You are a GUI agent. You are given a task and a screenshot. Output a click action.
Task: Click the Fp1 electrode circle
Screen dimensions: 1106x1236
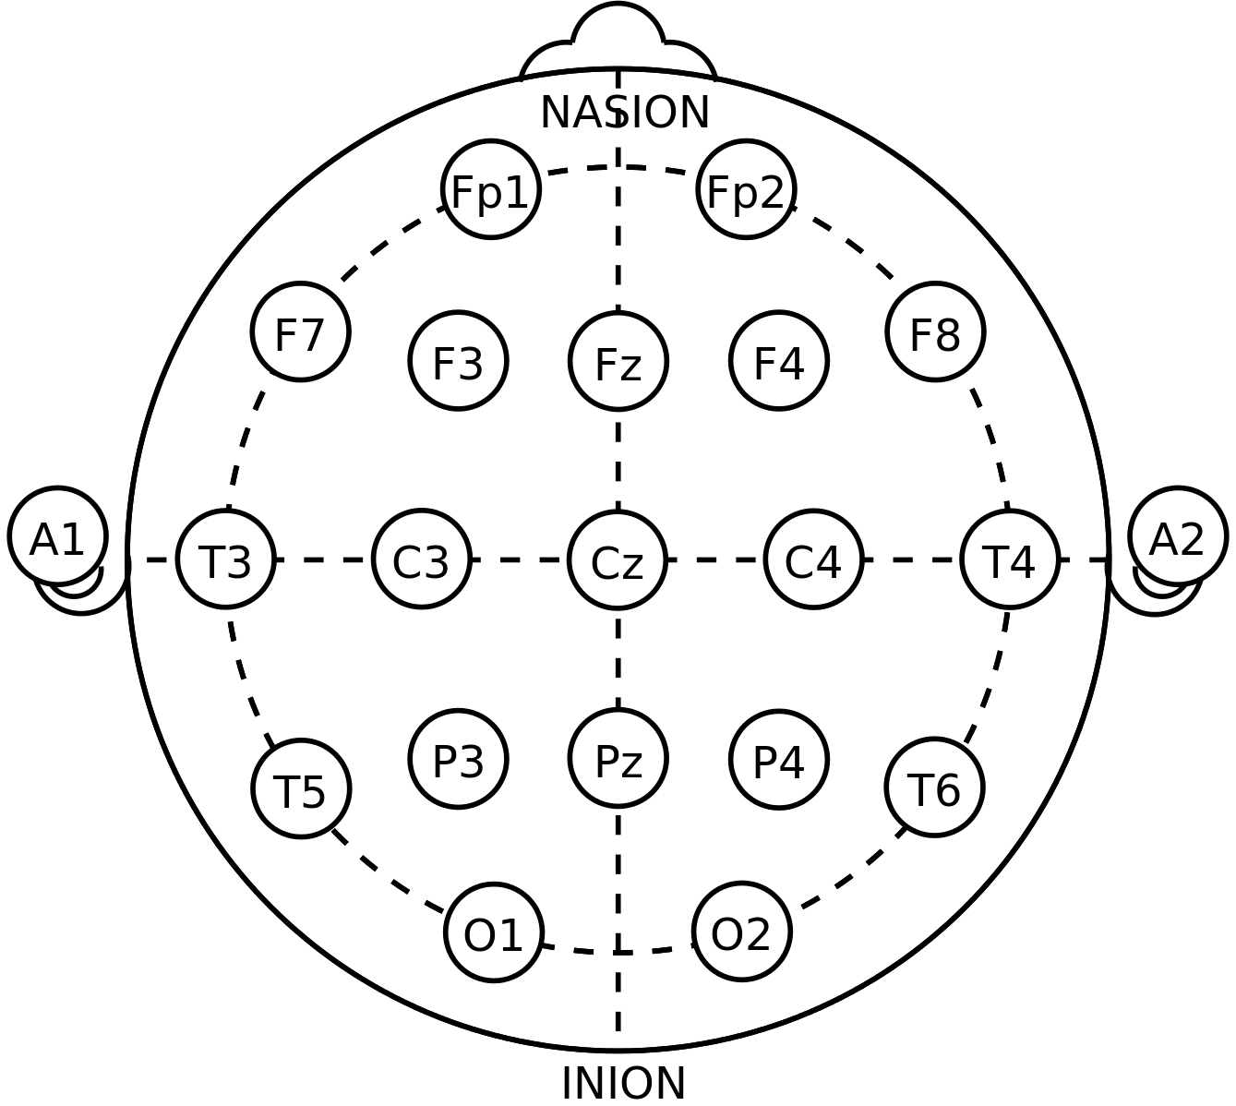tap(490, 189)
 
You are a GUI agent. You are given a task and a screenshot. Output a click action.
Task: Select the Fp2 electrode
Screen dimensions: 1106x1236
tap(746, 189)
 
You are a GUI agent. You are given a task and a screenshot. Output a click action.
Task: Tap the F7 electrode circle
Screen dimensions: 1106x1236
tap(301, 331)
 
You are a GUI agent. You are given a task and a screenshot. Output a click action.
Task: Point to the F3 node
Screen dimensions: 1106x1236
tap(458, 360)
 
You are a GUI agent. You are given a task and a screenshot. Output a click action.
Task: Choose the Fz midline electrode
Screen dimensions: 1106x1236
tap(618, 361)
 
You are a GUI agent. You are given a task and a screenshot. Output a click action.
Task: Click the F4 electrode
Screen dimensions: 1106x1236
tap(779, 360)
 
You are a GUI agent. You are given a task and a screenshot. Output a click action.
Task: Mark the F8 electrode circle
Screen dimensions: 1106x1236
tap(935, 331)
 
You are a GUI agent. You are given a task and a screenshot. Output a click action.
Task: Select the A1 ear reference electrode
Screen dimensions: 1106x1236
tap(57, 536)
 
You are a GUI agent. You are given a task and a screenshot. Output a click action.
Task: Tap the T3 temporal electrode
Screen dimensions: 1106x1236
tap(225, 559)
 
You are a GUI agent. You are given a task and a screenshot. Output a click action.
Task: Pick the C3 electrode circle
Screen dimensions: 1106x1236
tap(422, 559)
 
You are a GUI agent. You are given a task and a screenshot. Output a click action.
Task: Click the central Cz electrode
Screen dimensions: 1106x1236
tap(618, 559)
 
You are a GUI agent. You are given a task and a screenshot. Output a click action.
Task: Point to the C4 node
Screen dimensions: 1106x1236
tap(813, 559)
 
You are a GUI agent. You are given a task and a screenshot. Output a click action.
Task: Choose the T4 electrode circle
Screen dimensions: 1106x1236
tap(1010, 559)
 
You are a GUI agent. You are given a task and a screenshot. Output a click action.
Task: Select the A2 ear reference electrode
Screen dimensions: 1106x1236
tap(1178, 536)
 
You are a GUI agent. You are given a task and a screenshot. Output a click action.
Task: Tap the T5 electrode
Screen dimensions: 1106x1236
tap(301, 788)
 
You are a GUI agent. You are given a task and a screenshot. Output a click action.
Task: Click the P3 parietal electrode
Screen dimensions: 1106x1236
tap(458, 759)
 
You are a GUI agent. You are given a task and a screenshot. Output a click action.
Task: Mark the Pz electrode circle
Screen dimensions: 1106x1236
tap(618, 758)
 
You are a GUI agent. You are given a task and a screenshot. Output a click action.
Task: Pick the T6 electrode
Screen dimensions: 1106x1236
tap(934, 787)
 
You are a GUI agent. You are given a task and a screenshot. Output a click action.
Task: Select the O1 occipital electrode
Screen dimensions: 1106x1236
tap(494, 932)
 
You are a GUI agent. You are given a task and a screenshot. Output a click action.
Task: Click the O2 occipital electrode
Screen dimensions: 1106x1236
tap(742, 932)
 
